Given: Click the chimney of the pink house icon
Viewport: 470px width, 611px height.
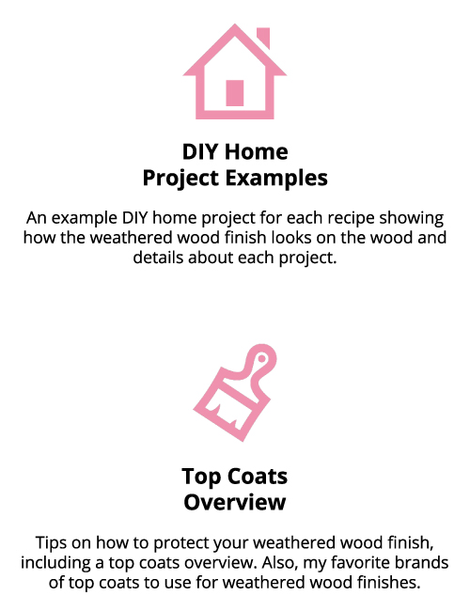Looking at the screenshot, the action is click(263, 37).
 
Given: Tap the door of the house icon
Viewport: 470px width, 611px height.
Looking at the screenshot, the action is click(235, 93).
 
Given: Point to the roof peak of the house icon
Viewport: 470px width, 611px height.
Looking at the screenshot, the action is click(235, 25).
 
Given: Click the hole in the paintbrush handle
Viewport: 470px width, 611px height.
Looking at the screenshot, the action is click(262, 358).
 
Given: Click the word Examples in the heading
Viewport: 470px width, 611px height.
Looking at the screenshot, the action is click(276, 178).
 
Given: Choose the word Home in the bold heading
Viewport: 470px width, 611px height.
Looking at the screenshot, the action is click(257, 151).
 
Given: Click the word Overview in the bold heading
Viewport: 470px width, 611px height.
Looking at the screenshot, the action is click(235, 502).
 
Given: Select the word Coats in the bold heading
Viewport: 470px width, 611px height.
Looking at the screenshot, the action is click(258, 477).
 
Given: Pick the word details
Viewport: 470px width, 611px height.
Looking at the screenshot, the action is click(158, 258).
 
